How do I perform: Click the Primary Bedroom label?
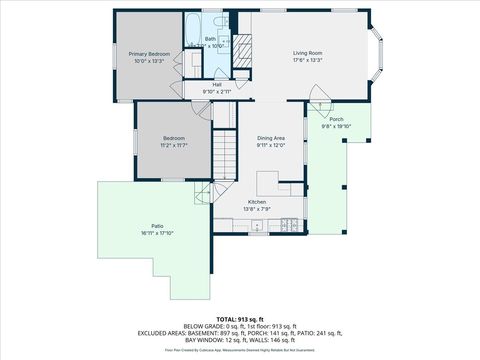point(148,53)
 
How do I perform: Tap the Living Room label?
point(306,53)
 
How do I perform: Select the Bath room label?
point(210,40)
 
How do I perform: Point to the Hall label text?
point(217,84)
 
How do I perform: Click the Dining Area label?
point(272,137)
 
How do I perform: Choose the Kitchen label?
point(257,202)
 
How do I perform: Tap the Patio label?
point(157,226)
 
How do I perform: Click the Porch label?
point(336,119)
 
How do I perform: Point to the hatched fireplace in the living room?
point(241,45)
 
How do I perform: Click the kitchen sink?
point(257,226)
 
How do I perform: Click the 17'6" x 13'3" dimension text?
point(306,60)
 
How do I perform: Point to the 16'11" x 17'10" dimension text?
point(157,233)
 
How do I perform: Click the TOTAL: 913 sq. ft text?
point(240,291)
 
